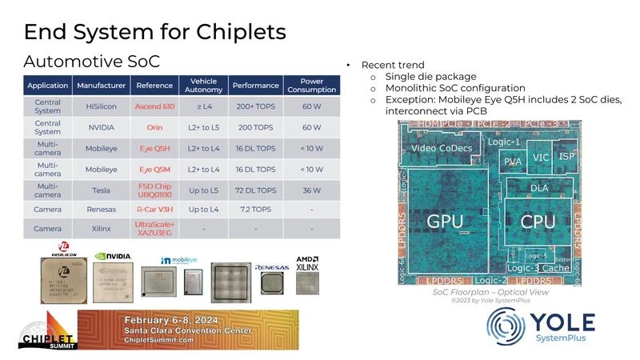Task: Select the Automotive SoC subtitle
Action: [92, 62]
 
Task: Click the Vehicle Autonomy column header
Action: [204, 85]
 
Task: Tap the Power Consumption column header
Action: [311, 85]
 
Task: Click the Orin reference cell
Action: [154, 127]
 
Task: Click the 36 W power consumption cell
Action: [311, 190]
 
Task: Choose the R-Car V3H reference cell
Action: [154, 208]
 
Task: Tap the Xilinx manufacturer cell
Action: [101, 228]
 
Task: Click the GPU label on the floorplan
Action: [446, 221]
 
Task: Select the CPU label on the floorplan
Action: [538, 221]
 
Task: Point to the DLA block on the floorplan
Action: [539, 187]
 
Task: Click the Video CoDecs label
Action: [442, 149]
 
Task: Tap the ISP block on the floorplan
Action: [566, 156]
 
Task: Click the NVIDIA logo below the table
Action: [113, 258]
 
